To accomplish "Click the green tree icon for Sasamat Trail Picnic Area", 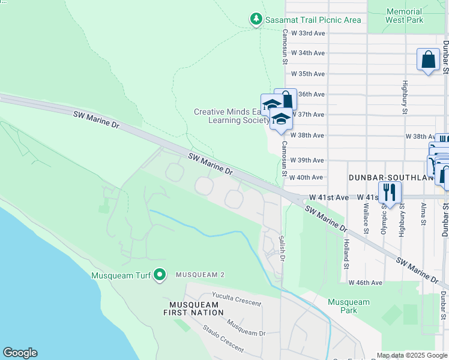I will [256, 20].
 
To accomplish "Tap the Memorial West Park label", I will [404, 16].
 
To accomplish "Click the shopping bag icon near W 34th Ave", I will [428, 60].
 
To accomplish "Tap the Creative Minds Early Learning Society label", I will [231, 116].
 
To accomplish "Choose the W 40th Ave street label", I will [306, 178].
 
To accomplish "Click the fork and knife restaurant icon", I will [390, 193].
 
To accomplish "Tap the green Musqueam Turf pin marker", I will [159, 275].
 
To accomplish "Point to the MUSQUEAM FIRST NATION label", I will [193, 308].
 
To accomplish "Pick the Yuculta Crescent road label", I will [237, 298].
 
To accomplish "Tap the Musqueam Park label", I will [349, 306].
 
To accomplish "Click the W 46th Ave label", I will [366, 283].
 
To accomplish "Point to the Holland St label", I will [346, 253].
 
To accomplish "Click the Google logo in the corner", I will [20, 353].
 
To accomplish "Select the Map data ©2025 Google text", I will [411, 355].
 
